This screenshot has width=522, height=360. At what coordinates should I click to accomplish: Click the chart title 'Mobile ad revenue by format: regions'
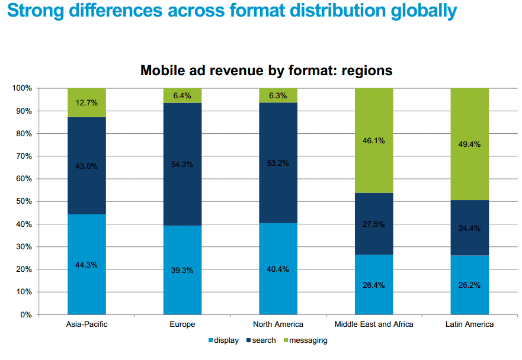[266, 70]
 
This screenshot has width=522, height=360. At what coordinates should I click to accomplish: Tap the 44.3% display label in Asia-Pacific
[87, 265]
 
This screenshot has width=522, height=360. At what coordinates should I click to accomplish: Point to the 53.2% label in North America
[278, 163]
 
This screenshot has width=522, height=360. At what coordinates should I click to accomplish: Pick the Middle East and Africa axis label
[374, 324]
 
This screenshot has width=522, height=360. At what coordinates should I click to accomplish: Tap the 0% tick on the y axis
[25, 314]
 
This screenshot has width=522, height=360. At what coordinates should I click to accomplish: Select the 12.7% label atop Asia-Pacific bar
[87, 102]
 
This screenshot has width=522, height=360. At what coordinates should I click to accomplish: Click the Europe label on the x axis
[182, 324]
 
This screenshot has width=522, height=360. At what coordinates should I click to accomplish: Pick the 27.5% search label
[374, 224]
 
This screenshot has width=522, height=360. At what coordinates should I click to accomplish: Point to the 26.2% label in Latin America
[470, 285]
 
